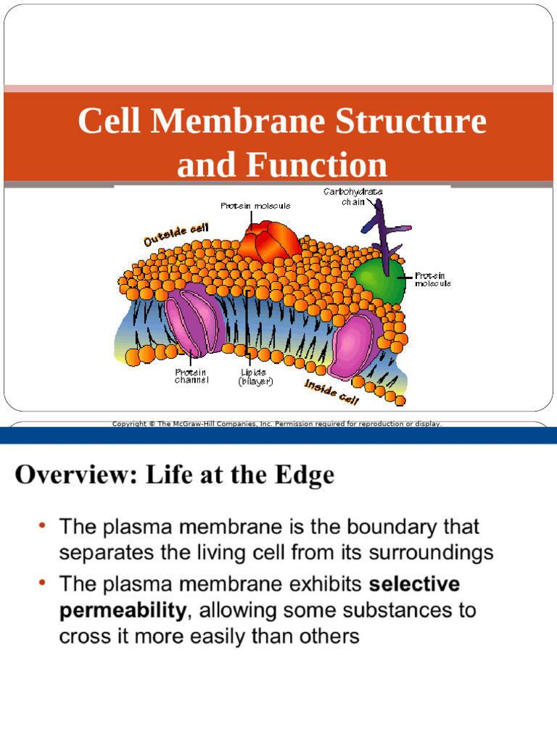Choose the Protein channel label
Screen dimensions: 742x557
(191, 376)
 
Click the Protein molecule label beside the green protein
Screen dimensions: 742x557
(432, 280)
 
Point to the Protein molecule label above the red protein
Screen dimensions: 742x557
(255, 206)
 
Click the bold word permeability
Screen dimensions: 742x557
(122, 610)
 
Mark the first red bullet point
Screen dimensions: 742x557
(43, 524)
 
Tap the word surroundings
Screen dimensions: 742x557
(431, 553)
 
